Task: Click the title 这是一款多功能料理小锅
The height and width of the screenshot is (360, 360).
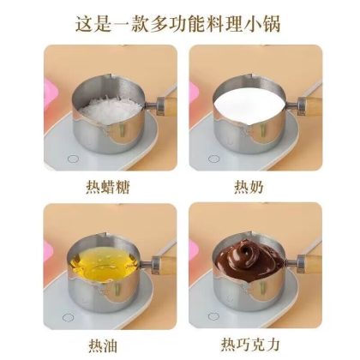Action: [177, 23]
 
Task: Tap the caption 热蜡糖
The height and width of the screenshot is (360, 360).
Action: [108, 187]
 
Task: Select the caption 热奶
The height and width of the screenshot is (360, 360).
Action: [249, 187]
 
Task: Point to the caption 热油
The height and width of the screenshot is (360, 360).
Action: [103, 345]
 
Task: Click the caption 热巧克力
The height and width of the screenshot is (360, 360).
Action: [250, 345]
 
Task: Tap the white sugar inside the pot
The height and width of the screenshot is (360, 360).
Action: [110, 109]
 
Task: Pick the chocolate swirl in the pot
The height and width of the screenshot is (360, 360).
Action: [246, 255]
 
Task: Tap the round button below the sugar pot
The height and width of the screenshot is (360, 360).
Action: [73, 159]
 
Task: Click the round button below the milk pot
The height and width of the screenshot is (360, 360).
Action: [213, 159]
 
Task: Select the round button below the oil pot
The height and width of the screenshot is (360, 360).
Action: [68, 317]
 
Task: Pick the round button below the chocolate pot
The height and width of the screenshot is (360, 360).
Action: [213, 316]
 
